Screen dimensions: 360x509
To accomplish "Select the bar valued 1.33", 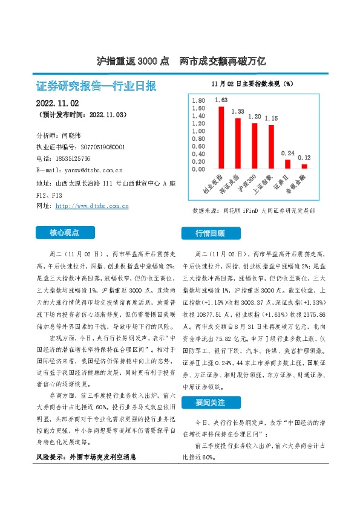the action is click(x=238, y=143).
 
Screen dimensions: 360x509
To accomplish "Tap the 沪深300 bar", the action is click(x=255, y=146).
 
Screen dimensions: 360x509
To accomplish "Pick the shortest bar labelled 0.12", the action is click(x=304, y=166).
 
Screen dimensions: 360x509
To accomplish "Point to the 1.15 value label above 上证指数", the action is click(x=271, y=119).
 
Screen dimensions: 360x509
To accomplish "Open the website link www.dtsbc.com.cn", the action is click(x=91, y=206).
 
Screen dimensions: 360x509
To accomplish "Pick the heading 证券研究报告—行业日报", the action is click(x=96, y=85).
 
